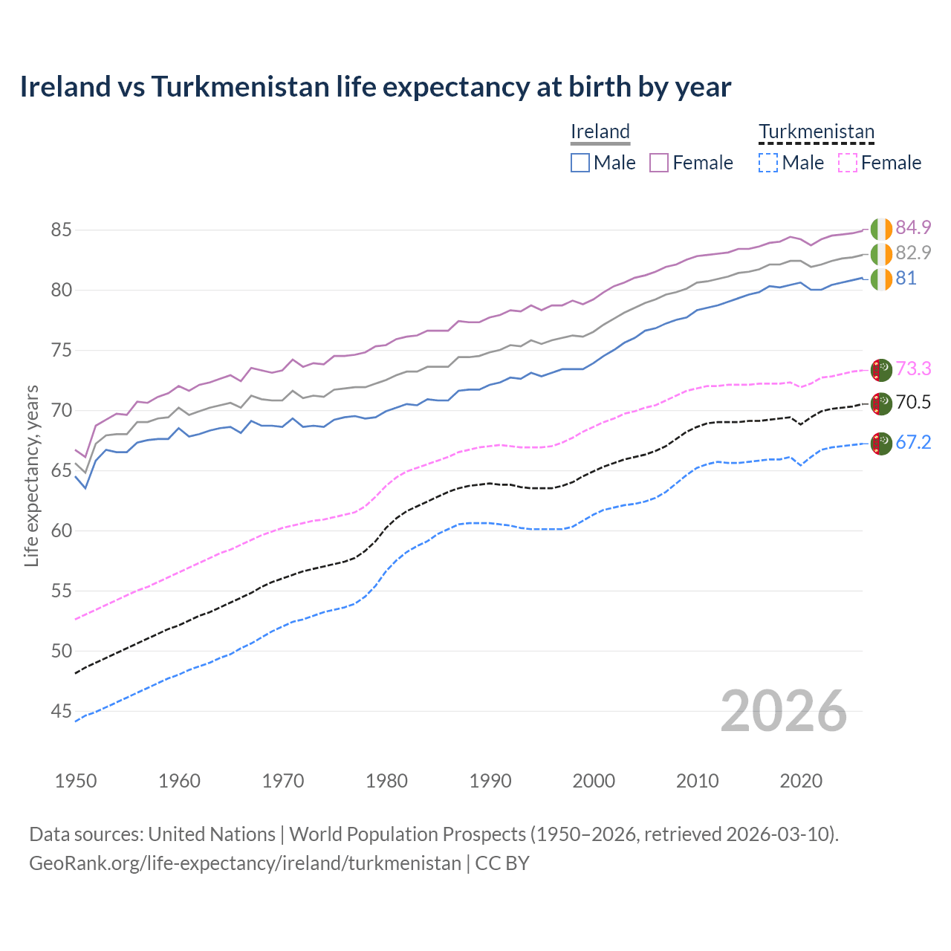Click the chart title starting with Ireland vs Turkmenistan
coord(375,87)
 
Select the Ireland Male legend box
coord(580,163)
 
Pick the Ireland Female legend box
coord(659,163)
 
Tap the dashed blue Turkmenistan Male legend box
coord(768,163)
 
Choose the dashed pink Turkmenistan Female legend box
coord(847,163)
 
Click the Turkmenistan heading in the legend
coord(816,132)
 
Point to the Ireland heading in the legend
coord(600,132)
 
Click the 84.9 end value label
coord(913,227)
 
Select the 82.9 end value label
coord(913,253)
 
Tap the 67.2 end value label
coord(913,443)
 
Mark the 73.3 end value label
coord(913,369)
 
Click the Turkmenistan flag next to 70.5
coord(881,403)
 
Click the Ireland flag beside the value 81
coord(881,279)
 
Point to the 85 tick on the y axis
coord(61,230)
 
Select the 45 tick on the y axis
coord(61,712)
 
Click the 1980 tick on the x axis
coord(386,781)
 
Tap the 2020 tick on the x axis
coord(801,781)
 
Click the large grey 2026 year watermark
coord(783,711)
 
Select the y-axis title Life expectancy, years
coord(32,475)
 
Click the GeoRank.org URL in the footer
coord(245,863)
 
